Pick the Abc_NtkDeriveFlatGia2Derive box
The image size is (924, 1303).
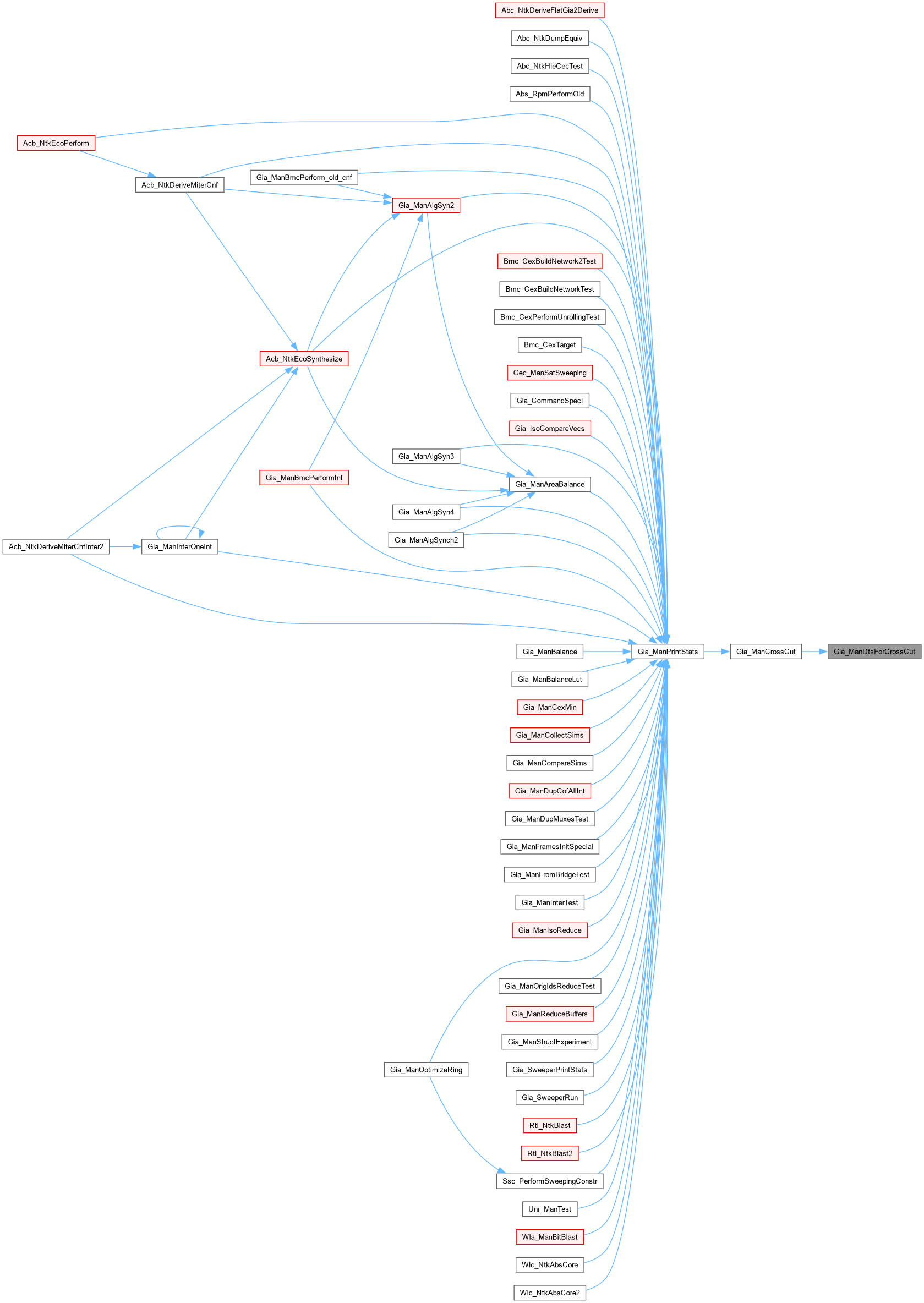[x=549, y=10]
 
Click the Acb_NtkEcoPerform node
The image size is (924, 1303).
[x=56, y=143]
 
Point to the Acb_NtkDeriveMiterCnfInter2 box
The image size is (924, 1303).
[x=56, y=546]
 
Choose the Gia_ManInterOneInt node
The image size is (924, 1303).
[x=179, y=546]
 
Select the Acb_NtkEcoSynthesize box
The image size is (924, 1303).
[x=304, y=359]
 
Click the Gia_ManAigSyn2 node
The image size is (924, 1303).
[x=425, y=205]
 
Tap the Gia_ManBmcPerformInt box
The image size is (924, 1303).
[x=304, y=478]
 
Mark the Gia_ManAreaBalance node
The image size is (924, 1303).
[x=549, y=484]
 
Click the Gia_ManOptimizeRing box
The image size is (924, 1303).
[x=425, y=1070]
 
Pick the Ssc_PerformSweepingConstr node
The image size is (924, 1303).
[x=549, y=1181]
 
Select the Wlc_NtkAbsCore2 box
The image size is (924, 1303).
[x=549, y=1293]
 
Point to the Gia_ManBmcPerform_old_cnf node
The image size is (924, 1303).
[x=304, y=177]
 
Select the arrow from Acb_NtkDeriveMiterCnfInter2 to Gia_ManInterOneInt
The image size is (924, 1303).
[x=125, y=546]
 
